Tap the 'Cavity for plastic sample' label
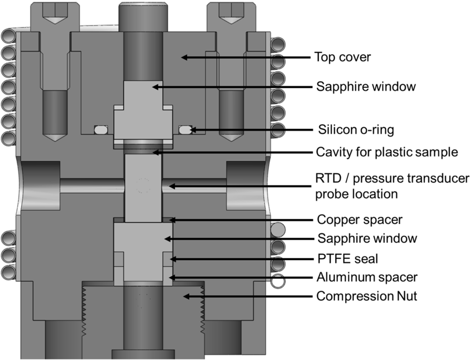click(x=387, y=152)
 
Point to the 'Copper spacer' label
click(x=359, y=220)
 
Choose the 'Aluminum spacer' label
click(x=367, y=277)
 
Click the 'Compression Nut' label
click(x=367, y=297)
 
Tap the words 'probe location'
click(x=356, y=194)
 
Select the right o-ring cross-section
click(x=185, y=130)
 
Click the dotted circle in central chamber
click(x=143, y=186)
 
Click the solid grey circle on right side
click(x=278, y=228)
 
